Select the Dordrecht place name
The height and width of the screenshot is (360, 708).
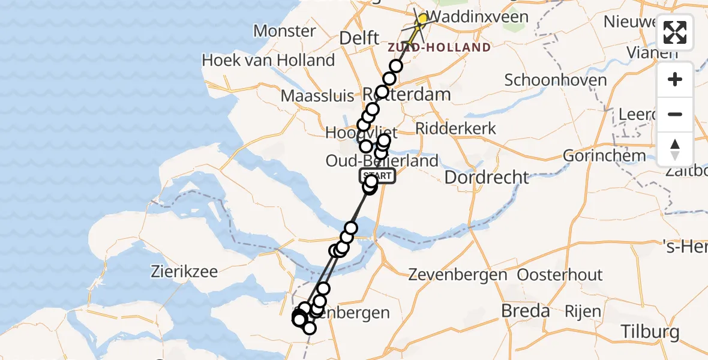click(487, 177)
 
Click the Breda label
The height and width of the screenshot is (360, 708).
click(525, 311)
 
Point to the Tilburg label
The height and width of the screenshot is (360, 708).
click(650, 331)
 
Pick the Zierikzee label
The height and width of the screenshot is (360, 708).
click(184, 271)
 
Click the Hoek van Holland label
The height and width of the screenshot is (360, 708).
click(268, 60)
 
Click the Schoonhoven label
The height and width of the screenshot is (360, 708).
click(556, 80)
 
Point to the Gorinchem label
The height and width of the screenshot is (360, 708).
click(604, 156)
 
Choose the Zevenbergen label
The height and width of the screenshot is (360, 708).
click(458, 275)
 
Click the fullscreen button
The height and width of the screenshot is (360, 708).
click(675, 32)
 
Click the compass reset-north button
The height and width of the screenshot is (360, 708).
click(675, 149)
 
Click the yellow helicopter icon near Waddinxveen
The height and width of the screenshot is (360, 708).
click(421, 20)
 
